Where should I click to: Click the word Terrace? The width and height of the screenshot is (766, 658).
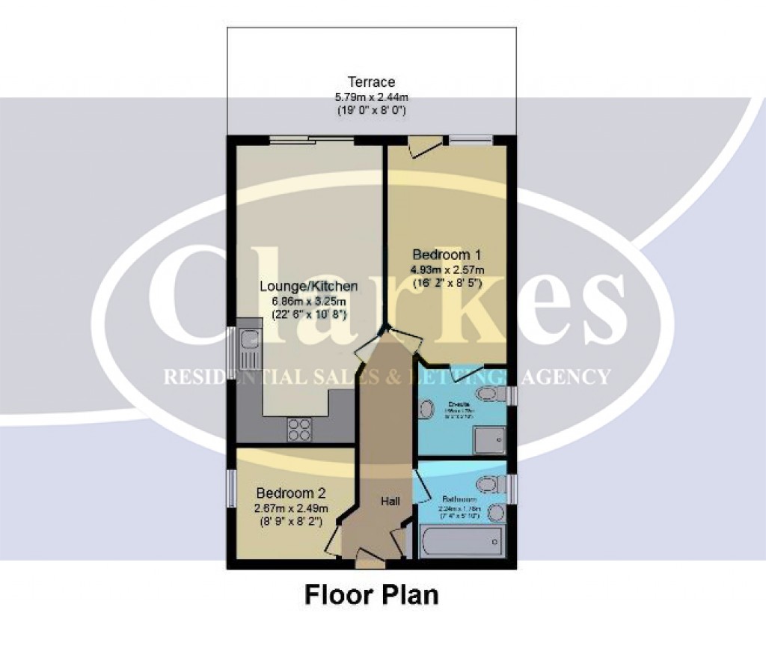pyautogui.click(x=371, y=82)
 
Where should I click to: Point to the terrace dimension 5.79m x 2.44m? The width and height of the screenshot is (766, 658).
pyautogui.click(x=371, y=97)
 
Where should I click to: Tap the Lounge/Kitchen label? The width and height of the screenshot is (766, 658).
pyautogui.click(x=308, y=287)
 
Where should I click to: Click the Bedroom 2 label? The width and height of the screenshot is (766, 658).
pyautogui.click(x=291, y=494)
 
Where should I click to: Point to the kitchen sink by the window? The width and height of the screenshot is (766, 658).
pyautogui.click(x=248, y=352)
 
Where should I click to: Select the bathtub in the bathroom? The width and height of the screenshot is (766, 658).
pyautogui.click(x=462, y=540)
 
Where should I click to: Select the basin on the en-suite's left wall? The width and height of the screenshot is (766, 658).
pyautogui.click(x=426, y=409)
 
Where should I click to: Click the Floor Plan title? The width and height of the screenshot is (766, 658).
pyautogui.click(x=371, y=595)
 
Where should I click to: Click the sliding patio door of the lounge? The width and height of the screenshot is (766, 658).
pyautogui.click(x=311, y=139)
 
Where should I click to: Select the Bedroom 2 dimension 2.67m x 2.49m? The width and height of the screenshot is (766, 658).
pyautogui.click(x=290, y=509)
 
